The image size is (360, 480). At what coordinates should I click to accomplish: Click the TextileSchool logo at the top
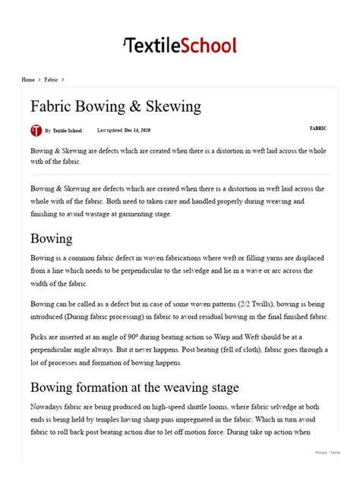click(x=180, y=45)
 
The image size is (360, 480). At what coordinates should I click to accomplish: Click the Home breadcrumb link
click(x=28, y=79)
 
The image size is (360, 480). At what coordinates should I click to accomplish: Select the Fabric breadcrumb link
click(x=52, y=79)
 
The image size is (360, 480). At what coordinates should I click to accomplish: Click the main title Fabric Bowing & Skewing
click(x=115, y=106)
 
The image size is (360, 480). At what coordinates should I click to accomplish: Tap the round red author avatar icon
click(x=36, y=131)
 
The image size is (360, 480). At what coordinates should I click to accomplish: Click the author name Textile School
click(x=68, y=131)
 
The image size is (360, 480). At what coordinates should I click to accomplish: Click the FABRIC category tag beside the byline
click(x=318, y=128)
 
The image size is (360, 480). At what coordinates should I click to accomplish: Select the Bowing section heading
click(x=52, y=238)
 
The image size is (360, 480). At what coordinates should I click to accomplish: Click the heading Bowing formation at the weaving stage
click(x=134, y=387)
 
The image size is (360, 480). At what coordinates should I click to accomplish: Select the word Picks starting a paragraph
click(x=39, y=336)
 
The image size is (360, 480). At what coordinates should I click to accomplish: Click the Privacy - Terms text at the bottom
click(x=328, y=453)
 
